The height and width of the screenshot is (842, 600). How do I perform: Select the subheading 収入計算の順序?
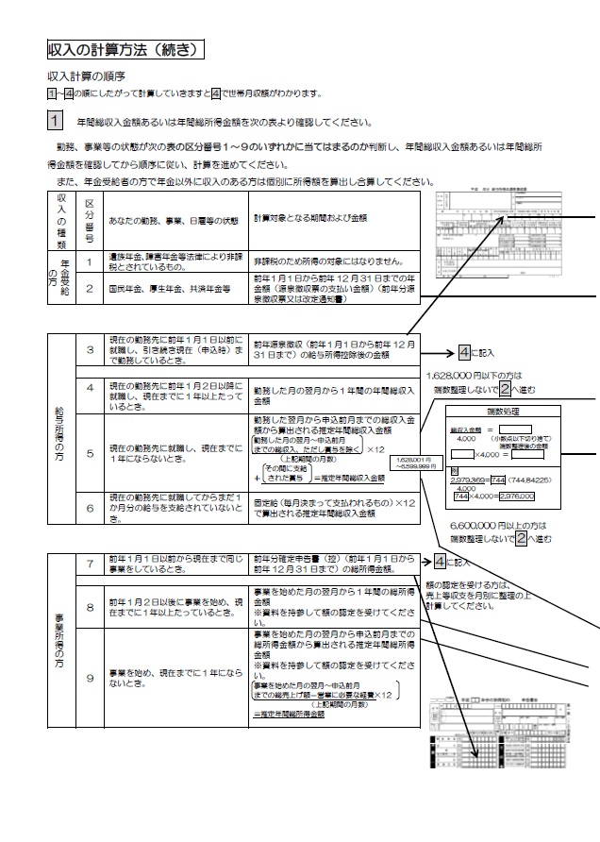point(87,75)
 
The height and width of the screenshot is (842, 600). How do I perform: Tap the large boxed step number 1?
point(55,121)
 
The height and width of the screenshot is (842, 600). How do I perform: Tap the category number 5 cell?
point(89,453)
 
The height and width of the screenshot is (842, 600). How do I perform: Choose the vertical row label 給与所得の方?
point(60,429)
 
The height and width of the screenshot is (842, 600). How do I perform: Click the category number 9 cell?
point(89,678)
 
